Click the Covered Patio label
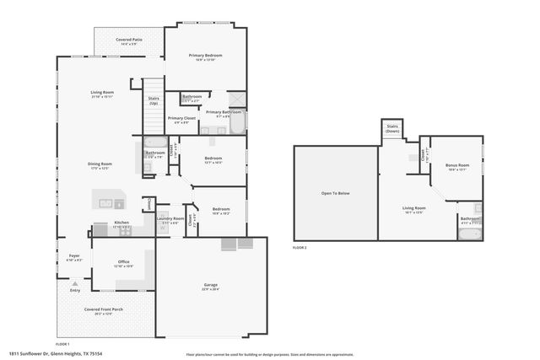129,40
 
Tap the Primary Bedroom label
205,55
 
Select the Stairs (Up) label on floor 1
154,100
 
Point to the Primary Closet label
181,119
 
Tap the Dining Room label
100,164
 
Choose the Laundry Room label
170,219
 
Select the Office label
123,263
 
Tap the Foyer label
74,255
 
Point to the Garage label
210,286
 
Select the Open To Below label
335,194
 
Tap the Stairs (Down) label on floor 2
392,130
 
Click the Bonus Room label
456,165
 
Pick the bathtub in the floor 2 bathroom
469,232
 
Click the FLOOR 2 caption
300,248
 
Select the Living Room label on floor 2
413,208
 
